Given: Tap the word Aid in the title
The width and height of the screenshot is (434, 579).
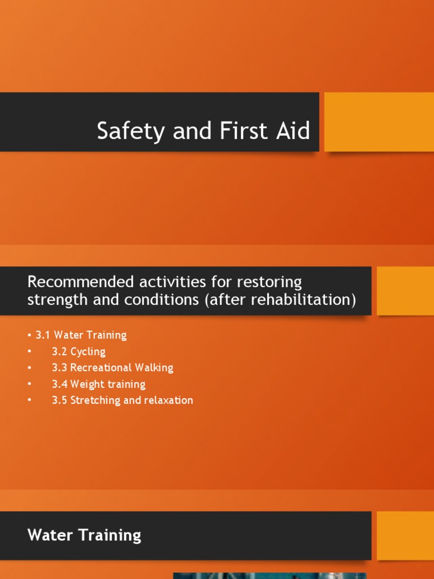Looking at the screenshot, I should coord(294,131).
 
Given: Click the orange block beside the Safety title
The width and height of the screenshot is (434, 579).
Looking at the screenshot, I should coord(379,122).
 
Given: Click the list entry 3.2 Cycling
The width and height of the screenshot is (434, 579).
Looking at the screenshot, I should coord(79,351).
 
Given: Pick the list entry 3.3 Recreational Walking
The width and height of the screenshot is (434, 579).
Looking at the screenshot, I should coord(112,368).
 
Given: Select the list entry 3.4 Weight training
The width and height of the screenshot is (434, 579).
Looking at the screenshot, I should coord(98,384).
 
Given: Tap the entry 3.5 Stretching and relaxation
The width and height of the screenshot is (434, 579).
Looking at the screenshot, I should coord(122,400).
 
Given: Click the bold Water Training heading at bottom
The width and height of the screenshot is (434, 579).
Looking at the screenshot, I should coord(84,535).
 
